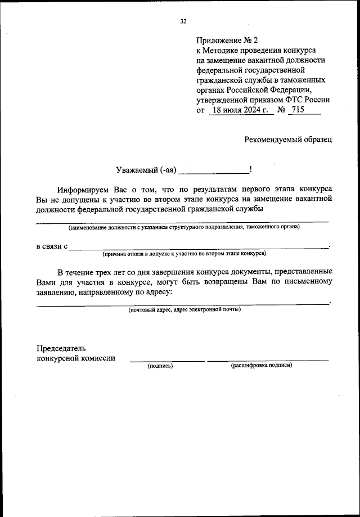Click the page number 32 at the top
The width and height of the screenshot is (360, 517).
183,21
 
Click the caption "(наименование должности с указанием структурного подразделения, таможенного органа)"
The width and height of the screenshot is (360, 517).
183,227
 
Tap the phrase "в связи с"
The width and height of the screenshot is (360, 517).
52,246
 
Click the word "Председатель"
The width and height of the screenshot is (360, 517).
61,348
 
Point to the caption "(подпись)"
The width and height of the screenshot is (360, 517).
160,366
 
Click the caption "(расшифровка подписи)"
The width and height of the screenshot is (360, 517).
261,366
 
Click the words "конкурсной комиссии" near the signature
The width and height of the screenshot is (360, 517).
76,358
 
